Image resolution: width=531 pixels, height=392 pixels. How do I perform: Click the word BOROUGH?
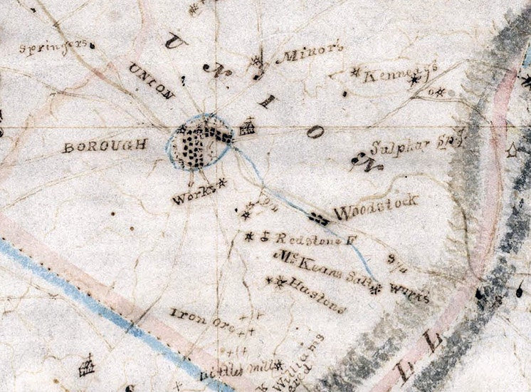[x=105, y=146]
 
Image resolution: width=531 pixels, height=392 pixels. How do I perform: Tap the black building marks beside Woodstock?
[x=318, y=218]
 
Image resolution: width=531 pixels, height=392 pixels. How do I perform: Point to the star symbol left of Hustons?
[x=275, y=282]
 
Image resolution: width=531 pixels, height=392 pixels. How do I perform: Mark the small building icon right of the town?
[x=248, y=128]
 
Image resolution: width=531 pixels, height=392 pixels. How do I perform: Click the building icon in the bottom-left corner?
[x=86, y=367]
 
